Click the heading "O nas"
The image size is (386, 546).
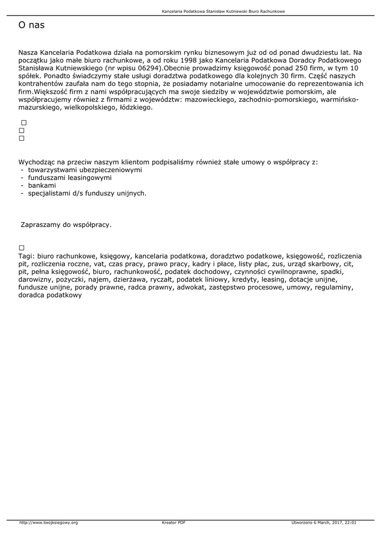31,25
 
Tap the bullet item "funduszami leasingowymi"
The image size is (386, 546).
70,178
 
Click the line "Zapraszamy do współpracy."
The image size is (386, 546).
66,225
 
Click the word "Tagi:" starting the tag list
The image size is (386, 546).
26,256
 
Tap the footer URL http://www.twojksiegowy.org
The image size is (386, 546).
48,523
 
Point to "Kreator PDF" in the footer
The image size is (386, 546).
174,523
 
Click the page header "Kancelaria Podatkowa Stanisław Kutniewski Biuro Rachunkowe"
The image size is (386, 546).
223,11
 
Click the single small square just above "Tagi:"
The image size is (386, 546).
22,248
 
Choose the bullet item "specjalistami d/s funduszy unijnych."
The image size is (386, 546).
87,194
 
